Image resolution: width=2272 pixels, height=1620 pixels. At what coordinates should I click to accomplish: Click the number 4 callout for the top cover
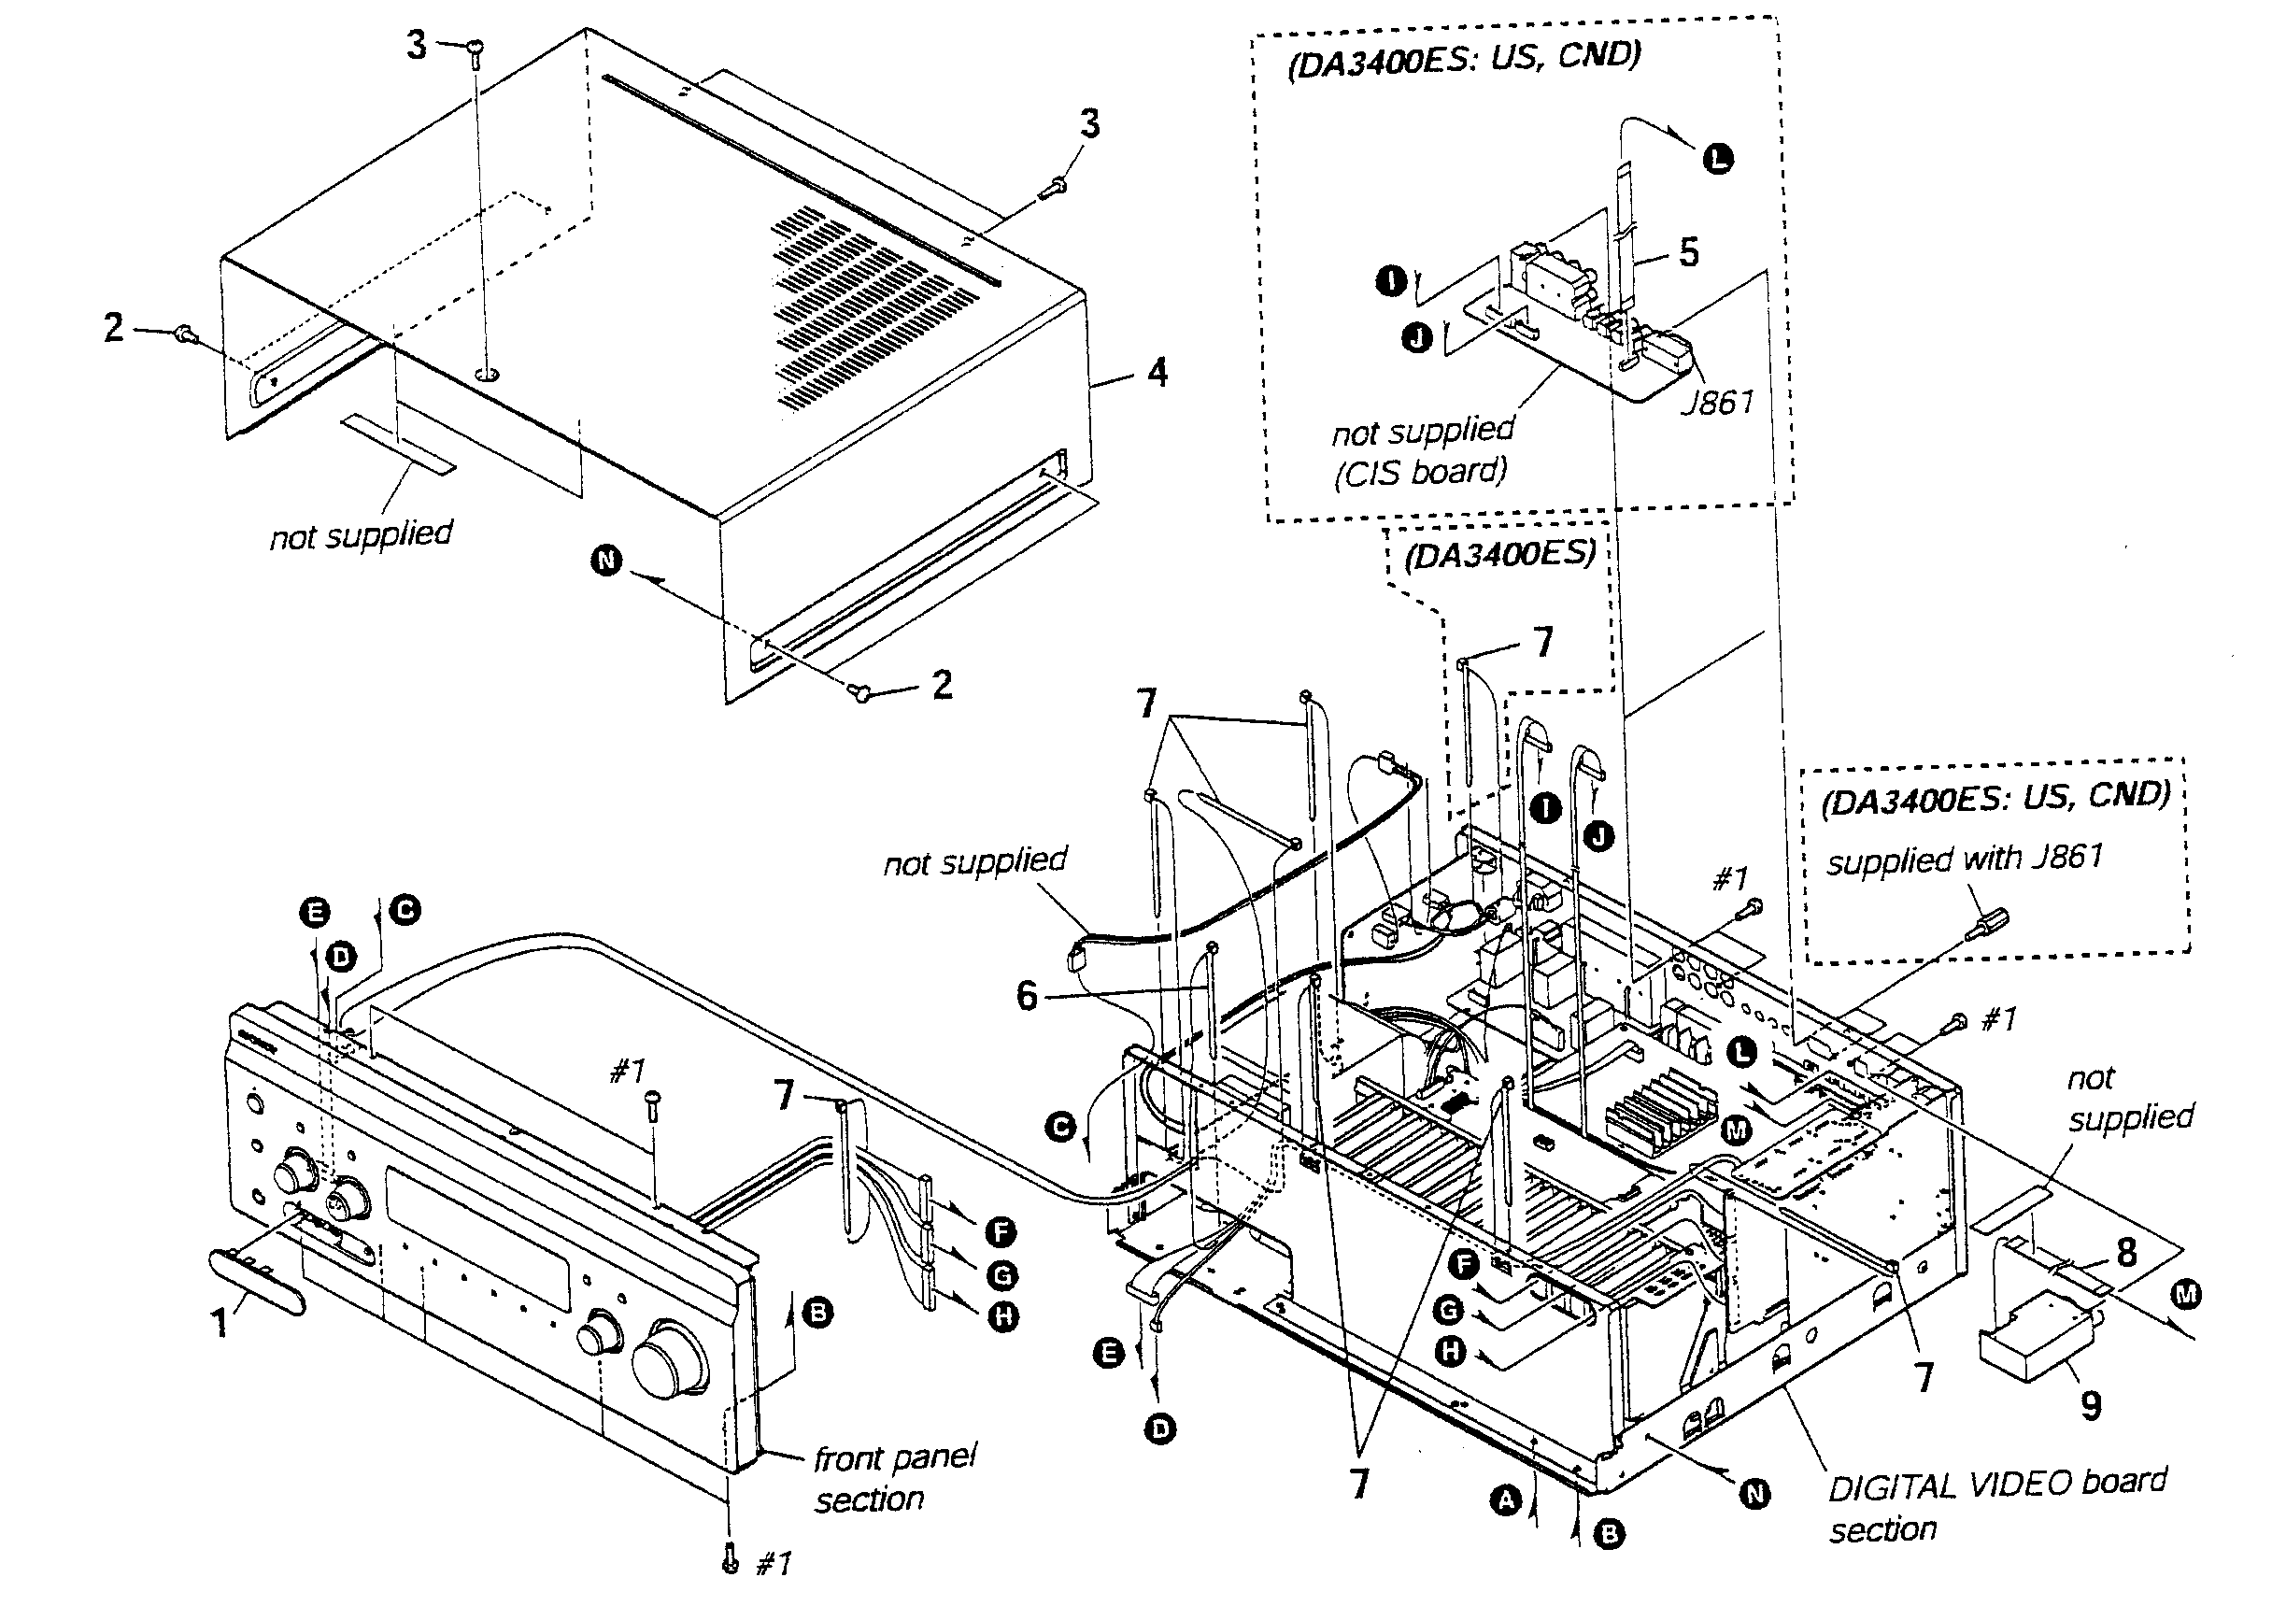click(x=1157, y=373)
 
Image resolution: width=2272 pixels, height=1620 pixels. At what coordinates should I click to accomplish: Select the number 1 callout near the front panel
click(x=220, y=1323)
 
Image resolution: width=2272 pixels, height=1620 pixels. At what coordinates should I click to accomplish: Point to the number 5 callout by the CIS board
click(x=1688, y=252)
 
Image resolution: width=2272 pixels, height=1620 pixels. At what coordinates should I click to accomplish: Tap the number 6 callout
click(x=1028, y=996)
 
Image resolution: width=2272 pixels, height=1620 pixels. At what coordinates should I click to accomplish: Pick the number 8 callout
click(x=2127, y=1252)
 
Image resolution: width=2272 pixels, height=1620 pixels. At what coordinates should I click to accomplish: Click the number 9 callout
click(x=2092, y=1405)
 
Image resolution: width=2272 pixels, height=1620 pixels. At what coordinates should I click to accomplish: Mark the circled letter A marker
click(x=1505, y=1499)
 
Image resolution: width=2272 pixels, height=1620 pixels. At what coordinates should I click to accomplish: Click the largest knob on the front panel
click(x=670, y=1357)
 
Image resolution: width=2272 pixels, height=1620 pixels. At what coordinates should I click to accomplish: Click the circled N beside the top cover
click(x=606, y=561)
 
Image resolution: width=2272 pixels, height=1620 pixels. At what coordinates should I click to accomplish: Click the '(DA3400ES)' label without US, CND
click(x=1499, y=554)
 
